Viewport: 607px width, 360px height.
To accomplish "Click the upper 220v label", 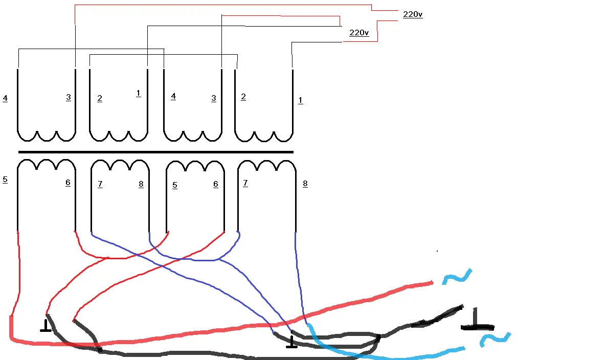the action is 413,14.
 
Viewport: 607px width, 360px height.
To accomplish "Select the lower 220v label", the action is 359,33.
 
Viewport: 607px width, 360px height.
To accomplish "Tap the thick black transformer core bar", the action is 155,152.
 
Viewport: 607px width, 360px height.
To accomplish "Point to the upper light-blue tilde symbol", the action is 457,276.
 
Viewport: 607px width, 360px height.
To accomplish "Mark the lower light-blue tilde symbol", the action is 495,340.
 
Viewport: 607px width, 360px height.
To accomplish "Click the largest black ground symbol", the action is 477,320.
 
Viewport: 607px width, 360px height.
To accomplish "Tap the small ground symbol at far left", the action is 46,326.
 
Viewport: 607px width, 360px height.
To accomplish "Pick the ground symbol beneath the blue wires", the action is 291,342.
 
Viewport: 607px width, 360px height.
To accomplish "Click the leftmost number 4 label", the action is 5,98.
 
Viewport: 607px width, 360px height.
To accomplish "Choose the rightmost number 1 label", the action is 300,101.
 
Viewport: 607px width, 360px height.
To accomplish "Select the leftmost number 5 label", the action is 5,179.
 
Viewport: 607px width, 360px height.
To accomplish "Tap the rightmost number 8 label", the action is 305,184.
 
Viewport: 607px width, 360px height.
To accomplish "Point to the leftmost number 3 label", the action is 69,98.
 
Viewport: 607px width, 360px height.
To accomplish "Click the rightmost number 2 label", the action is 243,97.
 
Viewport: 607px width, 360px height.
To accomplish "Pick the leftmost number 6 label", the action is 68,183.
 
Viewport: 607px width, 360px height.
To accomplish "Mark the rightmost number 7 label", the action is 245,183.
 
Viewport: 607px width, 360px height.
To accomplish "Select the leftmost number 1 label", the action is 138,93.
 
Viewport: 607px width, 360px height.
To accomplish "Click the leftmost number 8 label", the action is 141,185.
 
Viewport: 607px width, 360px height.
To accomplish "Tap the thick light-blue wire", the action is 372,354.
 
